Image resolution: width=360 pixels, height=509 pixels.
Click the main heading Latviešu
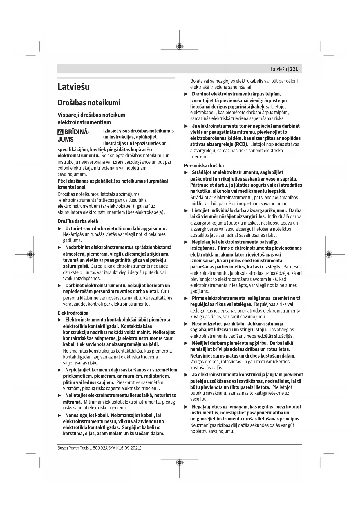(x=73, y=87)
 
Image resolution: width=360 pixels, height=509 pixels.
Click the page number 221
(x=294, y=69)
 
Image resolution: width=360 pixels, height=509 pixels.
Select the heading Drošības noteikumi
(x=89, y=103)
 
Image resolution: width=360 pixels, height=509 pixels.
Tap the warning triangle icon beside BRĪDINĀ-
(x=60, y=132)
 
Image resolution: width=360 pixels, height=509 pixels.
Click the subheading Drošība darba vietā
(x=78, y=221)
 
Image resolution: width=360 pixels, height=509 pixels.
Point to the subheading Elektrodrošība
(x=73, y=313)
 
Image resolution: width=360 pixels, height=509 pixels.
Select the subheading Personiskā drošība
(x=204, y=166)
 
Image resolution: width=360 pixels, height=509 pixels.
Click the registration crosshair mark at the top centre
(x=180, y=46)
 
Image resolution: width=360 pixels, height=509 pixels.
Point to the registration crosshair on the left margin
(x=30, y=254)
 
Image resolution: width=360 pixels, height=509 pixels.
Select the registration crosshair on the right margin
(x=328, y=254)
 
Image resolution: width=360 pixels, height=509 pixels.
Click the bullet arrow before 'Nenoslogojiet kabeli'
(x=60, y=416)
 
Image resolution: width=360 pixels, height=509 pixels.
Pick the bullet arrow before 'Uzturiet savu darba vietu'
(x=60, y=229)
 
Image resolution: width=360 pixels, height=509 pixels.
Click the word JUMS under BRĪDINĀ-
(x=66, y=139)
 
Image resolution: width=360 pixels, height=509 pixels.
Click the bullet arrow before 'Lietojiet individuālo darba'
(x=187, y=211)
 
